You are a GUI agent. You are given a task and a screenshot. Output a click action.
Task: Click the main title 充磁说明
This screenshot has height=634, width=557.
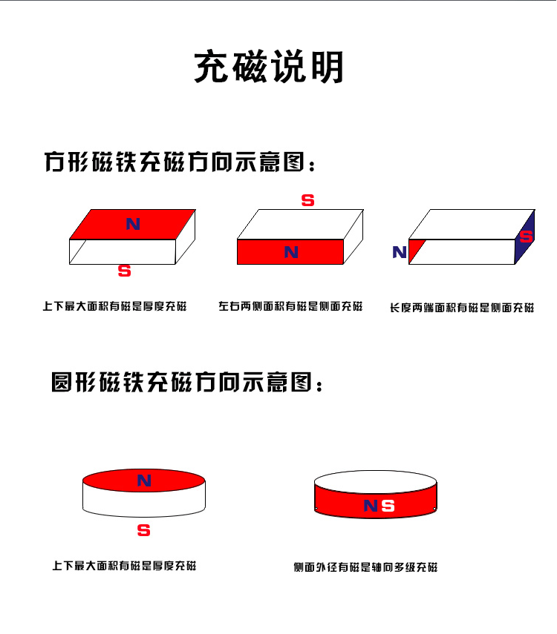pyautogui.click(x=269, y=67)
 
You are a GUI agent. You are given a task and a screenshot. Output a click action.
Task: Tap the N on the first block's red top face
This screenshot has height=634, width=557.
pyautogui.click(x=133, y=223)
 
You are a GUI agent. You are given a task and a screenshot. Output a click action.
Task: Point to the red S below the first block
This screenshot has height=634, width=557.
pyautogui.click(x=125, y=271)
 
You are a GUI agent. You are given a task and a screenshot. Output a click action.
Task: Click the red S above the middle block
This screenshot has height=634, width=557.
pyautogui.click(x=307, y=200)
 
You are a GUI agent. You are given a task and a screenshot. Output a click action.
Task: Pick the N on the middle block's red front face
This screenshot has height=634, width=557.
pyautogui.click(x=291, y=252)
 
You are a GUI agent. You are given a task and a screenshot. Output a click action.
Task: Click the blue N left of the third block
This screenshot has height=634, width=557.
pyautogui.click(x=400, y=252)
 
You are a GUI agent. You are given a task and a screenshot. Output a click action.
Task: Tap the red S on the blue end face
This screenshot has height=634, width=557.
pyautogui.click(x=527, y=237)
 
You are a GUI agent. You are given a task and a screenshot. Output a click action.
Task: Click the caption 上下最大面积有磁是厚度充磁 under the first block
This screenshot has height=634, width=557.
pyautogui.click(x=114, y=306)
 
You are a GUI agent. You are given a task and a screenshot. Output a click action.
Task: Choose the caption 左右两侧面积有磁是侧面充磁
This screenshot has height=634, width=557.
pyautogui.click(x=290, y=306)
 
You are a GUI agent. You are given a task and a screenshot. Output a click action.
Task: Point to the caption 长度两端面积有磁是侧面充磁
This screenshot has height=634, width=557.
pyautogui.click(x=462, y=308)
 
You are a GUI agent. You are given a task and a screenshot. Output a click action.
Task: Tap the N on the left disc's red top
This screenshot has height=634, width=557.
pyautogui.click(x=144, y=481)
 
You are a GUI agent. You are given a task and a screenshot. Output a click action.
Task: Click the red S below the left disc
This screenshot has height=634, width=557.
pyautogui.click(x=144, y=530)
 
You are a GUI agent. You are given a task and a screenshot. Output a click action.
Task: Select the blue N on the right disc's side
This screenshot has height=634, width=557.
pyautogui.click(x=370, y=506)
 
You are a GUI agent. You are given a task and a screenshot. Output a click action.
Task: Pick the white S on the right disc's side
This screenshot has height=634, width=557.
pyautogui.click(x=388, y=506)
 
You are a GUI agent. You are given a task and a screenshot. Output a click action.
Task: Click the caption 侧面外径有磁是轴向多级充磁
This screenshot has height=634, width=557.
pyautogui.click(x=365, y=567)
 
